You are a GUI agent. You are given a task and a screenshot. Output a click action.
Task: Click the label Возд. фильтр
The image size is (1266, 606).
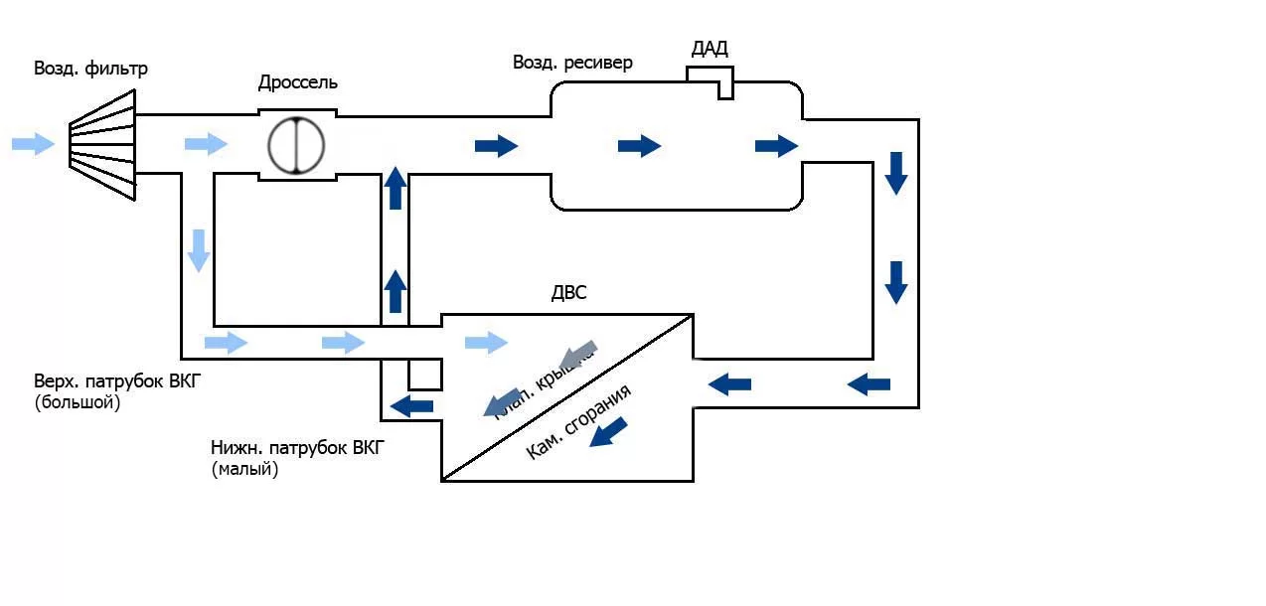[90, 69]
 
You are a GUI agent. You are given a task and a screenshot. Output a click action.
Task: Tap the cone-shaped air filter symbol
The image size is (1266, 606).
[102, 144]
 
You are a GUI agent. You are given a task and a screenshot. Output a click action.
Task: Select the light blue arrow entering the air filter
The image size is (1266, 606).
[33, 144]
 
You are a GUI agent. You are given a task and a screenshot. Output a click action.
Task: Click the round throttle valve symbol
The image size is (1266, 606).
[296, 146]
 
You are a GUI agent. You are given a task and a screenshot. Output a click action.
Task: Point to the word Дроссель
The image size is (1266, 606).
[298, 82]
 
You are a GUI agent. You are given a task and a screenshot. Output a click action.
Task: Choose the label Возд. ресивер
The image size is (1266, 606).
[572, 63]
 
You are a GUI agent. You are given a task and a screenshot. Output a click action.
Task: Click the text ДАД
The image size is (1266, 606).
[710, 49]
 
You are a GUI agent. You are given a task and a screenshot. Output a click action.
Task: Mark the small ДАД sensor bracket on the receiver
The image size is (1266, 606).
[712, 80]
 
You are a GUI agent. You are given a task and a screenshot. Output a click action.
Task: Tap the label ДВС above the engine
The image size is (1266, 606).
[568, 294]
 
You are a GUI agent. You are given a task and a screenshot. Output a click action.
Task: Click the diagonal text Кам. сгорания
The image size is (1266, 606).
[577, 421]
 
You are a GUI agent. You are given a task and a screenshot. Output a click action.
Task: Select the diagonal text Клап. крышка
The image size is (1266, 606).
[542, 385]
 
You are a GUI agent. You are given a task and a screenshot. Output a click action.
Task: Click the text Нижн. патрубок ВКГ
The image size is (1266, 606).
[296, 449]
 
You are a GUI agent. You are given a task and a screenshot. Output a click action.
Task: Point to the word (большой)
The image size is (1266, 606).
[77, 404]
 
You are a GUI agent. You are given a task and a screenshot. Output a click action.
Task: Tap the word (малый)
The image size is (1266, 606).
[244, 470]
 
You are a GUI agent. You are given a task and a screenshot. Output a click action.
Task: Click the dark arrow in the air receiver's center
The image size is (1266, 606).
[639, 146]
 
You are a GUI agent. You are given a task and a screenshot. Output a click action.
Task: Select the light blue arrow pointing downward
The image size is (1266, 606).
[199, 249]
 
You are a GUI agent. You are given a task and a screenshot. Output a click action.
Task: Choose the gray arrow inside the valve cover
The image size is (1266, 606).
[577, 354]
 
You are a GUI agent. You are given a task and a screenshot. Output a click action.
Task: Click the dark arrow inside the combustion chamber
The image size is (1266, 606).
[608, 432]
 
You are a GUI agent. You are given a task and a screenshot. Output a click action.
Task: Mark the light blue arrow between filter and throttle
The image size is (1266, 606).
[206, 144]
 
